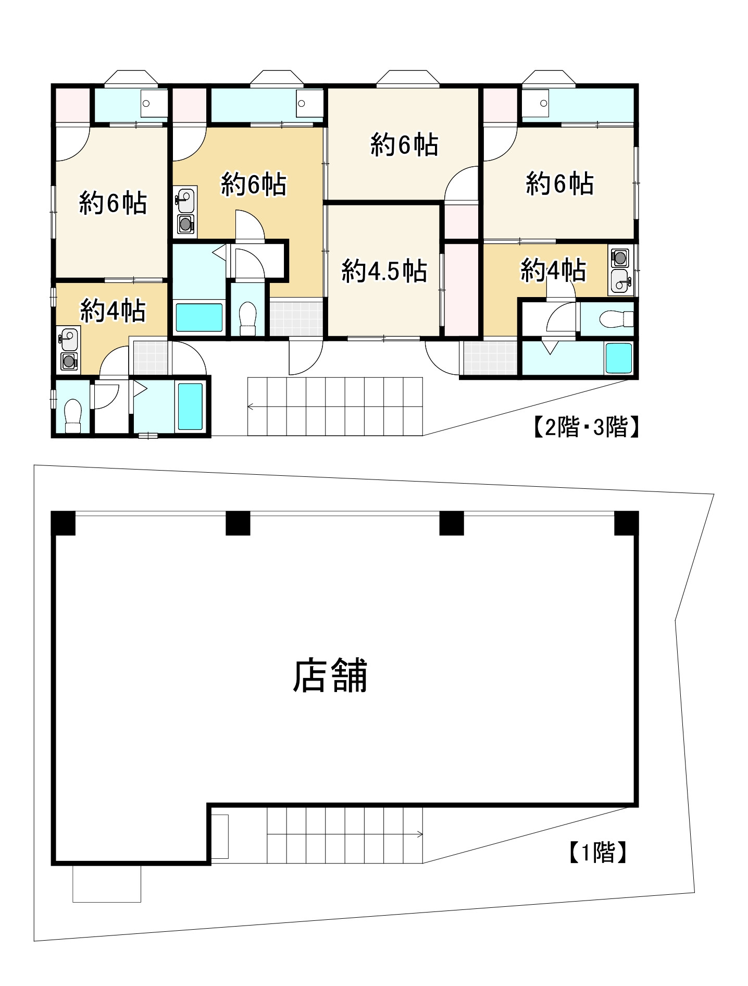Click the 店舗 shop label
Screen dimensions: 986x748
coord(330,675)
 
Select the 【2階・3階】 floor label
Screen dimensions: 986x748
coord(585,428)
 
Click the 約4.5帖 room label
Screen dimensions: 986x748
coord(384,272)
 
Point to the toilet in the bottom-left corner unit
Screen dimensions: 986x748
coord(73,415)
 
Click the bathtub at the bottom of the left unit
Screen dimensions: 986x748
coord(190,406)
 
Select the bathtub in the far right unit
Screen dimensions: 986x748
coord(618,358)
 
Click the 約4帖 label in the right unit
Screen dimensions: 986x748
coord(553,270)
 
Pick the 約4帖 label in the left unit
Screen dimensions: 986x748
coord(112,311)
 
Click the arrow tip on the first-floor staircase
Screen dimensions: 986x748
coord(421,835)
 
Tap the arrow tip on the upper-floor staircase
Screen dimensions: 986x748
coord(250,406)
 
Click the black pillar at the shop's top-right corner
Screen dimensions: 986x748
coord(626,523)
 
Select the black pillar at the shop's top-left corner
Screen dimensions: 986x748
coord(64,523)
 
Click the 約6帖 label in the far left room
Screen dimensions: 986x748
coord(113,203)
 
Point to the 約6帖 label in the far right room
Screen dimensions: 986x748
coord(559,183)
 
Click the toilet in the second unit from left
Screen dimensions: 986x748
coord(247,318)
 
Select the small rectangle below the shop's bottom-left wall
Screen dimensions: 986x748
coord(107,884)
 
